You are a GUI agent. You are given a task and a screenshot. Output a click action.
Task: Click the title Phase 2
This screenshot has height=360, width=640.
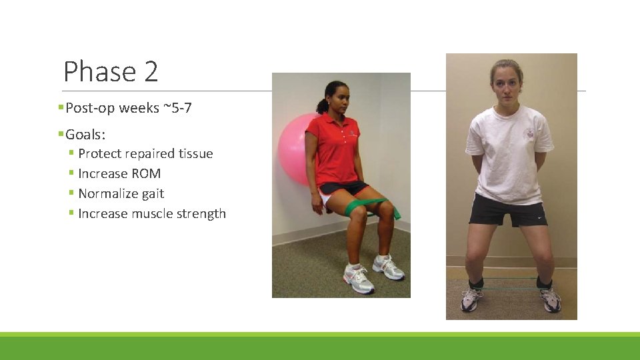click(111, 71)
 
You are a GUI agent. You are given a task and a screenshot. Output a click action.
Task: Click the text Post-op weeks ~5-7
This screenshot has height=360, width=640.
click(129, 108)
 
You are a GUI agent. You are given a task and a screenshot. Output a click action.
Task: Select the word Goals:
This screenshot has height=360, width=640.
click(85, 135)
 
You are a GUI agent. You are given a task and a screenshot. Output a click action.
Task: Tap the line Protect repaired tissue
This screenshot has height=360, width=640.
click(145, 154)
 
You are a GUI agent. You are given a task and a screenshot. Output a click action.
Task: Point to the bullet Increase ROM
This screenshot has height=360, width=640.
click(119, 174)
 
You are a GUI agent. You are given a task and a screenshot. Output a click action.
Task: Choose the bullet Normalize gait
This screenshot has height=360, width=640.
click(121, 194)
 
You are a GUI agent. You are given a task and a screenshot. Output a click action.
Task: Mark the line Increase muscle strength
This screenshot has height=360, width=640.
click(152, 214)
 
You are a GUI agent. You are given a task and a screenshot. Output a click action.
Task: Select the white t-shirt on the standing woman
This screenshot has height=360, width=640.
click(509, 153)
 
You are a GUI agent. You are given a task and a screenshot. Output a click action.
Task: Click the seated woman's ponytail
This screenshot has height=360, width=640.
click(322, 106)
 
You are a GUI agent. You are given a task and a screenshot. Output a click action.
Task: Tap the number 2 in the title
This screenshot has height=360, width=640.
click(149, 71)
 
